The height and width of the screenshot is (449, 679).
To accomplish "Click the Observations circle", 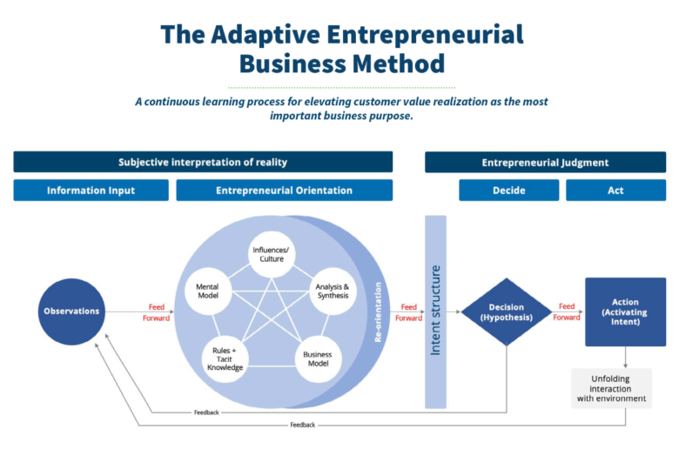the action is coord(71,312).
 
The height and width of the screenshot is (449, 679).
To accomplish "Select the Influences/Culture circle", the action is coord(272,255).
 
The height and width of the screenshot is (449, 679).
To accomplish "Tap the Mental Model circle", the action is coord(208,291).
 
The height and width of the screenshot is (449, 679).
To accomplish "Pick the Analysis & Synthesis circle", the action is coord(333,291).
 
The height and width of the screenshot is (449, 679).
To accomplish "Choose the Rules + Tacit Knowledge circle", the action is coord(225,359).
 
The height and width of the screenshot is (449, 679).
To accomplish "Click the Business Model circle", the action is coord(319,359).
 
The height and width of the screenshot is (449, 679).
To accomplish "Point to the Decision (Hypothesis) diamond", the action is coord(507,312).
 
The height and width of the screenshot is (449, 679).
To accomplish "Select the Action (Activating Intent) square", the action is coord(625,312).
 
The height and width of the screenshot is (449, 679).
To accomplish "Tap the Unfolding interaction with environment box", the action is coord(611,388).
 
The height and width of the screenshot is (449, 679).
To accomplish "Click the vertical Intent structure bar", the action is coord(435,312).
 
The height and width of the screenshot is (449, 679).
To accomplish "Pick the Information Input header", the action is coord(91,190).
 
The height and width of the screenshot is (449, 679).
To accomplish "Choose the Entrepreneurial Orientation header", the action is coord(284,190).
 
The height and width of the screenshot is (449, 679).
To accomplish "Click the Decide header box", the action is coord(509,190).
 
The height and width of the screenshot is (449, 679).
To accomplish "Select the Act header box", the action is coord(615,190).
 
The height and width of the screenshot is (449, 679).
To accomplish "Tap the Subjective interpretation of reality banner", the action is coord(203,162).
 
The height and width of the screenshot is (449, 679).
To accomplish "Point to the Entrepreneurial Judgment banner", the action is coord(545,162).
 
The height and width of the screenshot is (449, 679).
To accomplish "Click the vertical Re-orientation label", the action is coord(378,312).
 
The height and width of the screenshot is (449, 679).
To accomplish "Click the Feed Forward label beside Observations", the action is coord(157,312).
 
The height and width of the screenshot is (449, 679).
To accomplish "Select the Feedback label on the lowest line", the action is coord(303,425).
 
